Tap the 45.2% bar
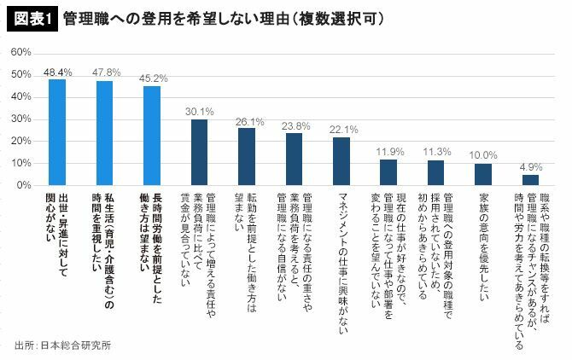152,136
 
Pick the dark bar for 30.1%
199,152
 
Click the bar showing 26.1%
247,156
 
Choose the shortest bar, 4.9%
530,180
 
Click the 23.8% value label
294,125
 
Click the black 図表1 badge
31,19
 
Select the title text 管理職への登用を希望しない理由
171,19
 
